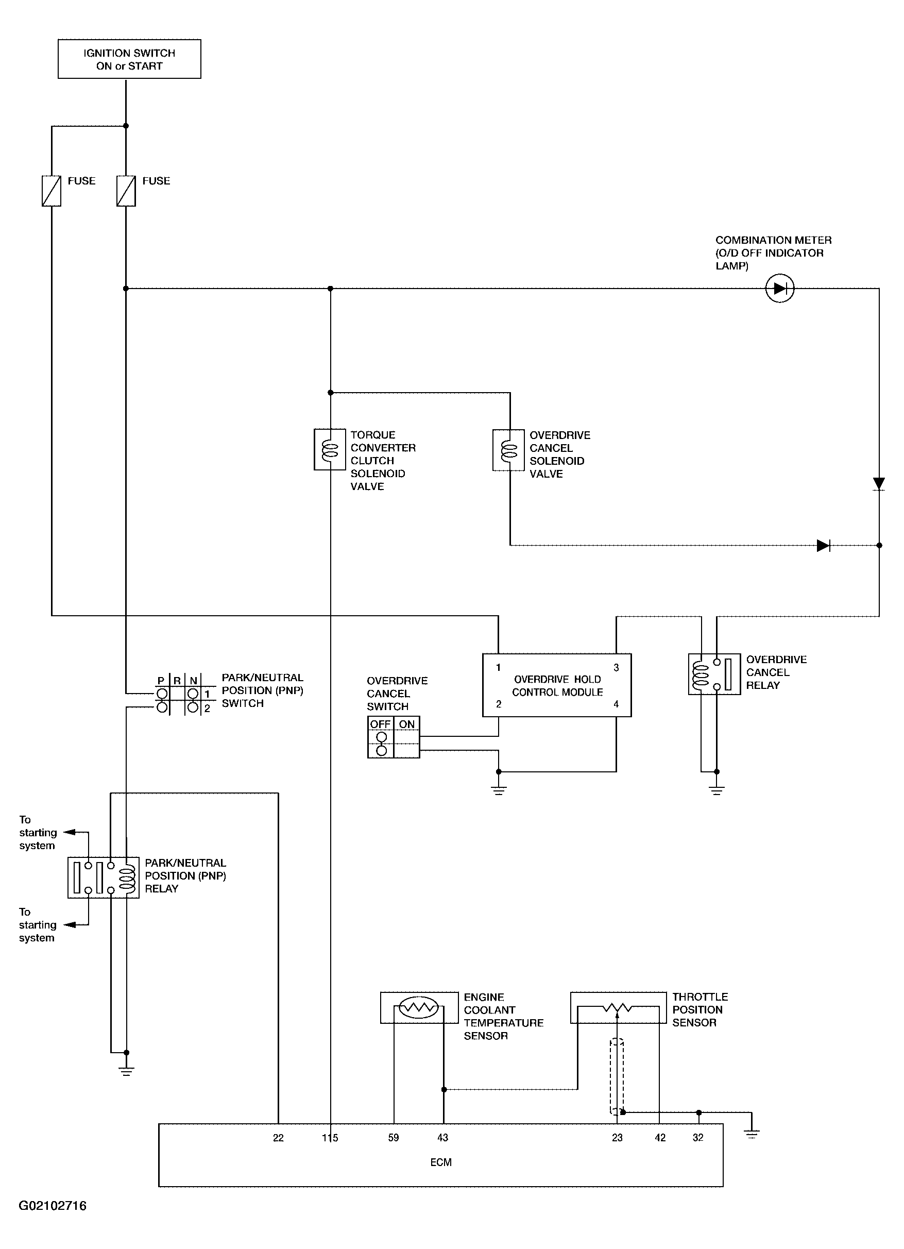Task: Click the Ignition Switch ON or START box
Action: (129, 59)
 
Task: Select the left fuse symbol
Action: (51, 191)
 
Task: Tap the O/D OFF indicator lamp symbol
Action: (779, 288)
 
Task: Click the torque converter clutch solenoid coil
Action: (330, 450)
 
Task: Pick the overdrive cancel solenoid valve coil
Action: (509, 450)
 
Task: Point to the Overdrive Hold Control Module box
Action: (557, 685)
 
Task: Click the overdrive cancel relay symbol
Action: (714, 674)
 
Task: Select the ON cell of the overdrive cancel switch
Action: (407, 737)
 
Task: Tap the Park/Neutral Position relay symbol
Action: (104, 877)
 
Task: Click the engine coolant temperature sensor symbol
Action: (419, 1007)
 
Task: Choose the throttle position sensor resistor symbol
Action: (618, 1007)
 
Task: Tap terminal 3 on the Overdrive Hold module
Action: (616, 667)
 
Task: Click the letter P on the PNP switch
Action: (161, 681)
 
